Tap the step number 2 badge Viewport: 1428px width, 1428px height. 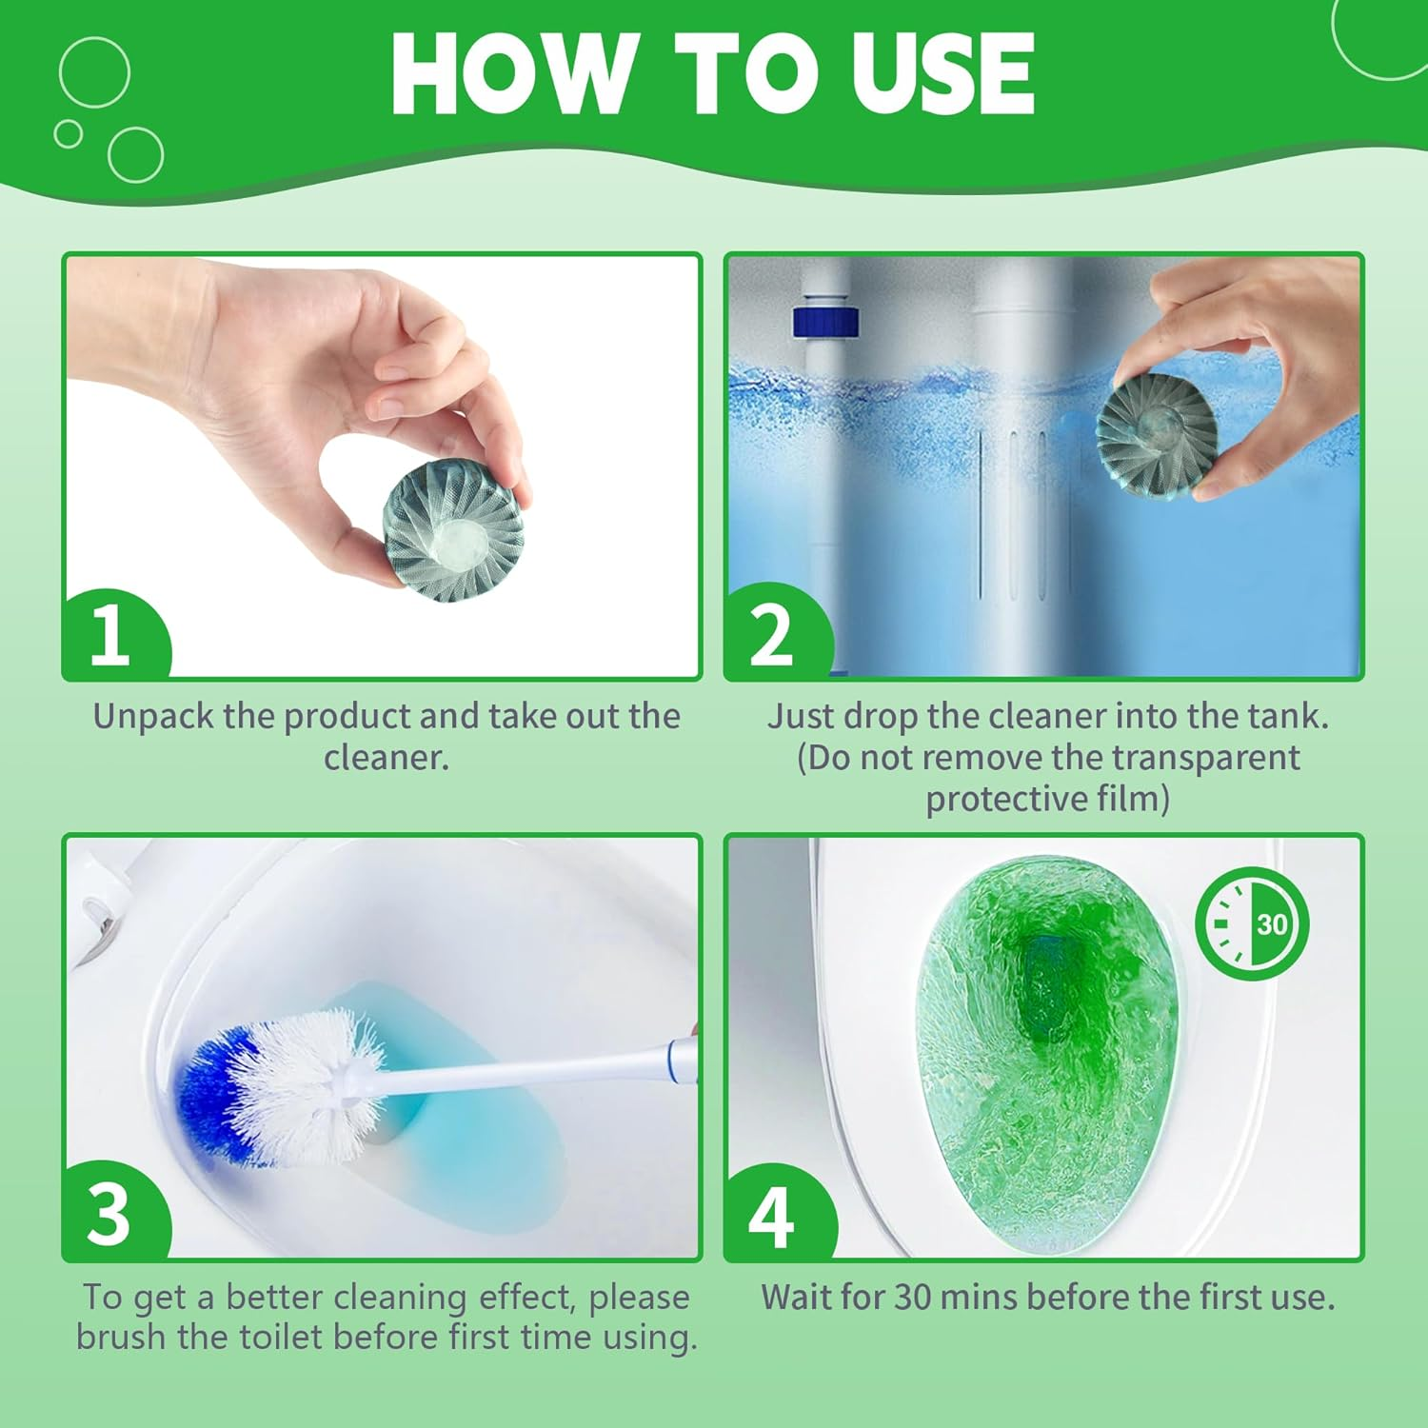[x=771, y=636]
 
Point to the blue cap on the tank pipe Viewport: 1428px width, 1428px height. [x=825, y=322]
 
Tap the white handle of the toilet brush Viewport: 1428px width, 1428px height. [x=533, y=1071]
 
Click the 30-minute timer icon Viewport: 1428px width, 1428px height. [x=1252, y=923]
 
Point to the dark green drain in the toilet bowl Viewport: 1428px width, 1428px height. [x=1047, y=990]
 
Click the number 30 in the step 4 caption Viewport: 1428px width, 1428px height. [x=912, y=1297]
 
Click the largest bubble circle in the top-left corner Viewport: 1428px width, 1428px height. [x=94, y=71]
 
